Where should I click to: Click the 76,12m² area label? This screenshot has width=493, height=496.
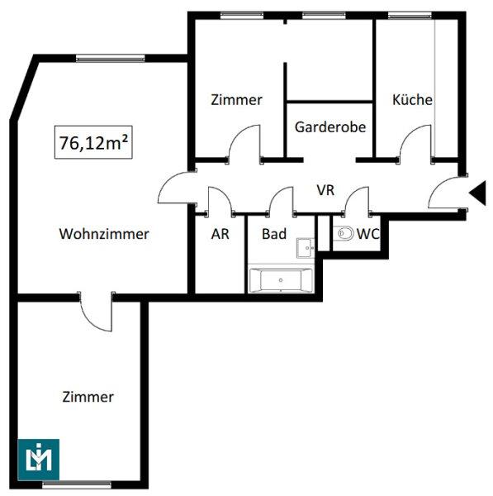94,141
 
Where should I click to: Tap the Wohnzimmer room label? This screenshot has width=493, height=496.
104,234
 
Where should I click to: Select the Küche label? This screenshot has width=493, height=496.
412,100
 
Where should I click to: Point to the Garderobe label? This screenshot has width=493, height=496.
330,127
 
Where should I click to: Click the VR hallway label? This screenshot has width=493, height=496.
325,190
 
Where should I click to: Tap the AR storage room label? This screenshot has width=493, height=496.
220,234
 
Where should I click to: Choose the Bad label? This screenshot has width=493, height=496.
274,234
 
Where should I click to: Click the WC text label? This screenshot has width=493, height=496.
367,234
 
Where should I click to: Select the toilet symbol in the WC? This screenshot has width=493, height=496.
344,234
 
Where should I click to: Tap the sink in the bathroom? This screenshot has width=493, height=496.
306,246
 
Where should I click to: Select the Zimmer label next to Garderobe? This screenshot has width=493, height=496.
236,100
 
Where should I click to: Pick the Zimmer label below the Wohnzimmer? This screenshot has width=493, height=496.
88,397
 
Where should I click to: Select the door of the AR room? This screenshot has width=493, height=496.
218,201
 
